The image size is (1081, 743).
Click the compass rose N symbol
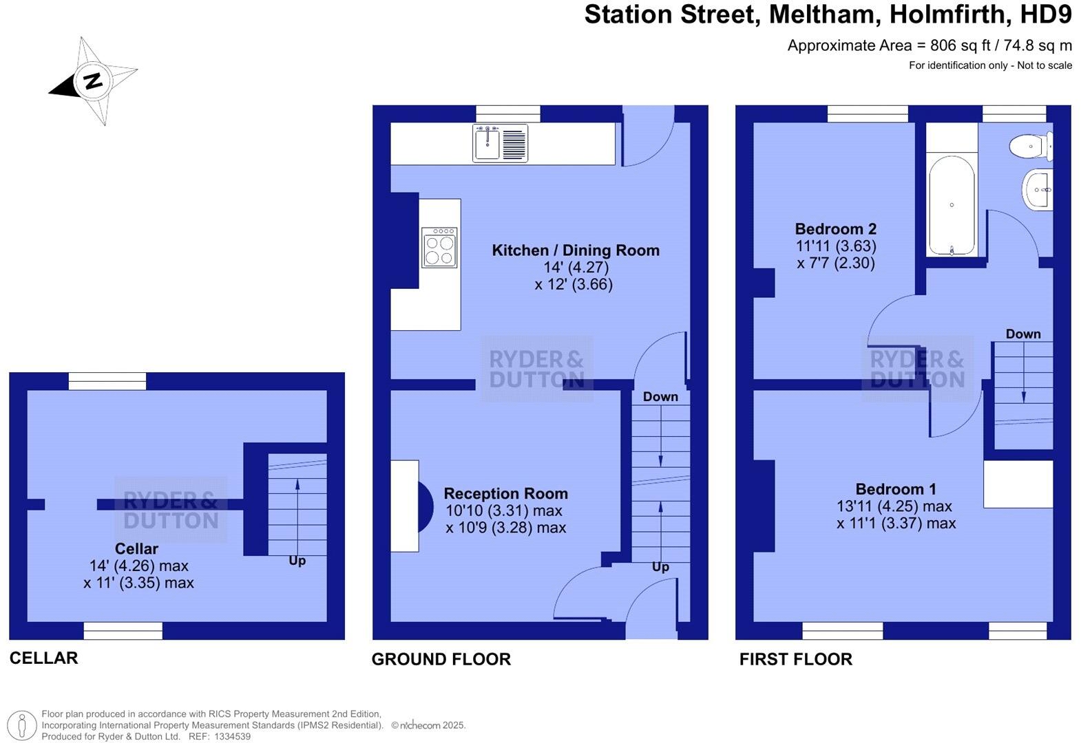coord(93,80)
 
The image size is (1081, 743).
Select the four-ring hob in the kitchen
coord(439,247)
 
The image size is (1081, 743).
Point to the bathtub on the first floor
coord(952,205)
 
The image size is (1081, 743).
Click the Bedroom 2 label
coord(835,229)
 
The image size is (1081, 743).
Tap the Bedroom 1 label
coord(895,489)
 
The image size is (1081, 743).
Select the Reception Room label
coord(505,493)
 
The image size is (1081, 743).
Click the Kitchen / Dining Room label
coord(575,250)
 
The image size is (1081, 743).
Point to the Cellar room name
coord(136,549)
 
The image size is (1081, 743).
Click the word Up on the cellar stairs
coord(297,561)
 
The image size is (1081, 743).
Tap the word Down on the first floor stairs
coord(1022,334)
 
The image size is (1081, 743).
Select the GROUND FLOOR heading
coord(441,659)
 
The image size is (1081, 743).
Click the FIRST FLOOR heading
coord(795,659)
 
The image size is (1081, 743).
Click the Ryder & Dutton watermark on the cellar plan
coord(171,510)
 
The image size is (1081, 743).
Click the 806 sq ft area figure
coord(960,45)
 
